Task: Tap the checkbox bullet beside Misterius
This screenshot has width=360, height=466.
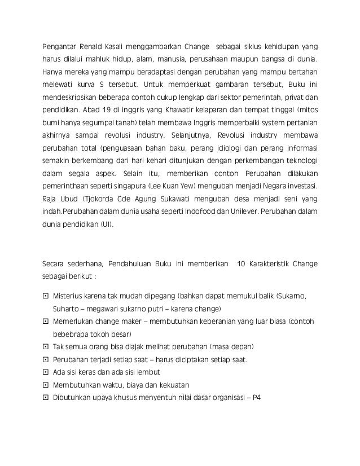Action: tap(46, 296)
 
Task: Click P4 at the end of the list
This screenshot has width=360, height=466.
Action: tap(257, 399)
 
